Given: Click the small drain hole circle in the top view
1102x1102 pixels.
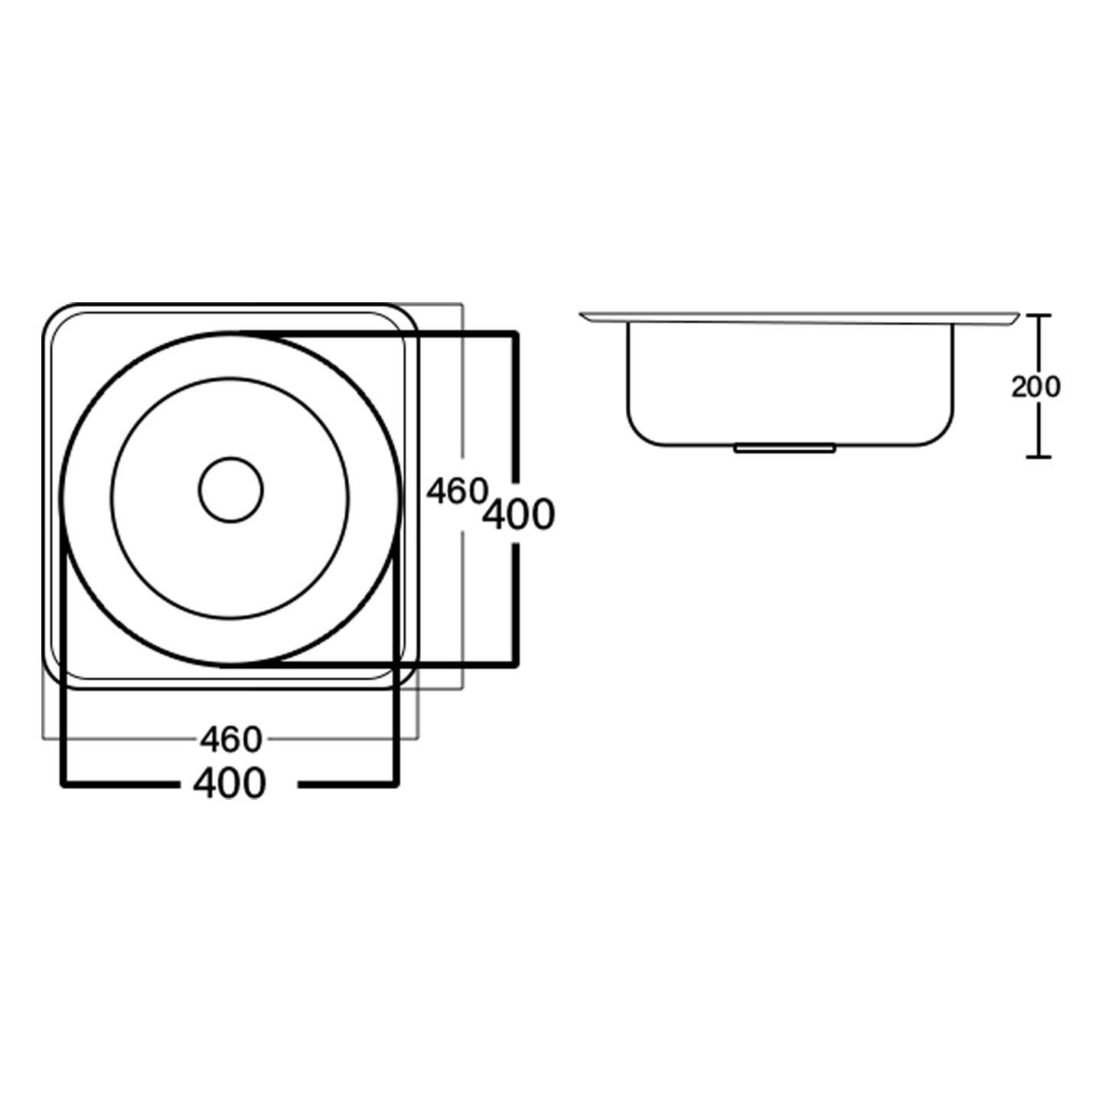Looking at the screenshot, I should [x=230, y=490].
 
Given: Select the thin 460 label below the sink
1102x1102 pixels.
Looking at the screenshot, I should [x=231, y=739].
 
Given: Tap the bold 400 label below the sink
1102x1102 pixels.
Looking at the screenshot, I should [x=230, y=783].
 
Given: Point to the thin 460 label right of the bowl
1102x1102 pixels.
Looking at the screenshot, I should [x=456, y=491].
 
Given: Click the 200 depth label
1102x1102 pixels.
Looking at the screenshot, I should [x=1036, y=387].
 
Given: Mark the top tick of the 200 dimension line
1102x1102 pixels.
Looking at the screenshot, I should [x=1038, y=315].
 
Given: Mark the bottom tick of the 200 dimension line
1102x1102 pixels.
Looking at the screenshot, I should [x=1038, y=458].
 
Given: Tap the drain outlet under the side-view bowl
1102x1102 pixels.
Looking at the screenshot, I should [x=784, y=448].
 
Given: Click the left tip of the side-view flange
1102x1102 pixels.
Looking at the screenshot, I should [x=582, y=314].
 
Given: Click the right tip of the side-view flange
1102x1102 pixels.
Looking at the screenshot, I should [x=1018, y=315].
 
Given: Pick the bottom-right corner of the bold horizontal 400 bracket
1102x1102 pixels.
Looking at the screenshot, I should [x=396, y=784].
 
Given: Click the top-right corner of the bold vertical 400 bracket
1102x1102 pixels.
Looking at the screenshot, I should [x=516, y=334].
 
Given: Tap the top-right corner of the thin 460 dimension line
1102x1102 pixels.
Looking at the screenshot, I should [x=462, y=305].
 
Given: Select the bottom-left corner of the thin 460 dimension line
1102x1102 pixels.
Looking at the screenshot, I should [x=43, y=738].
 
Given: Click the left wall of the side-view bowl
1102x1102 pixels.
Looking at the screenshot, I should [x=628, y=375].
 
